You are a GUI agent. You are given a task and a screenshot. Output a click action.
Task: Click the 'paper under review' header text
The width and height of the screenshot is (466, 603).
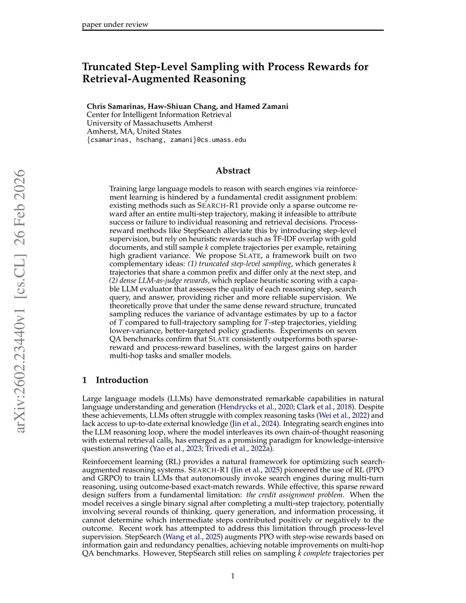tap(115, 25)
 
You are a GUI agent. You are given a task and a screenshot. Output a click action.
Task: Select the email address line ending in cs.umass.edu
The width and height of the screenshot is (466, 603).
tap(166, 140)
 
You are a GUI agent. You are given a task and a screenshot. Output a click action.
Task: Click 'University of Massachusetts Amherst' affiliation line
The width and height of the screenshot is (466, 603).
tap(149, 123)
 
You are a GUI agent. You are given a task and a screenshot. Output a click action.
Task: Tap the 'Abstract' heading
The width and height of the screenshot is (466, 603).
tap(233, 171)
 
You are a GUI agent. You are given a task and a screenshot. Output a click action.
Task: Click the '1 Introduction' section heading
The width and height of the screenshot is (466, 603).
tap(115, 380)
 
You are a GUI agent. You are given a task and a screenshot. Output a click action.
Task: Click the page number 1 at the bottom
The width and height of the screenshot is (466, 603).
tap(233, 576)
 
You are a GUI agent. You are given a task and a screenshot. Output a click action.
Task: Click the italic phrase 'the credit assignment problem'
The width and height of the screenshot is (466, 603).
tap(294, 495)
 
